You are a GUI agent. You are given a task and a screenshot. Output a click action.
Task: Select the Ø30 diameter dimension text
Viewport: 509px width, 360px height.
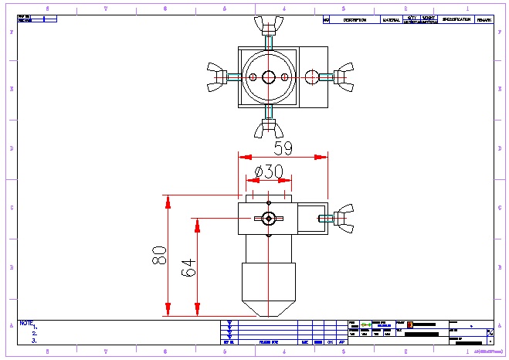coord(263,172)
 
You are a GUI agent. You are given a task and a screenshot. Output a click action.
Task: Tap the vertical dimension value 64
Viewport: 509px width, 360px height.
coord(188,267)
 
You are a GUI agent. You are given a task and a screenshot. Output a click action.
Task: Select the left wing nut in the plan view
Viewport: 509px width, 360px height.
coord(218,77)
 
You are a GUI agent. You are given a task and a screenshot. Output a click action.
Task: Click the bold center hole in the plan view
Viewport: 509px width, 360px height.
coord(268,77)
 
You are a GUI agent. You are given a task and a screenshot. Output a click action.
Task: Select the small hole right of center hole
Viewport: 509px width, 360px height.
coord(285,77)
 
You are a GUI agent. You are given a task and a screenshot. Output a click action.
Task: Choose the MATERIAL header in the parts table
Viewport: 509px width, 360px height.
coord(392,20)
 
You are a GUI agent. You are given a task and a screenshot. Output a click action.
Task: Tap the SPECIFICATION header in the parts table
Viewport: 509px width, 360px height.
coord(456,20)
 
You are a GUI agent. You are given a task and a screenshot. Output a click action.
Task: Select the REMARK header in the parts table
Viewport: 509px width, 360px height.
coord(484,20)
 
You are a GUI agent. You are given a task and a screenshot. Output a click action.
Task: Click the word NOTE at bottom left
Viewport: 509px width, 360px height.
coord(26,322)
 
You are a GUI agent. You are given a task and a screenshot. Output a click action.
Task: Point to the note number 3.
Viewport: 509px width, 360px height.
coord(34,340)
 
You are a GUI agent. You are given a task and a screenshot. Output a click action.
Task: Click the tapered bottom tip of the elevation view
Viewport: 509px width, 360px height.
coord(268,309)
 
